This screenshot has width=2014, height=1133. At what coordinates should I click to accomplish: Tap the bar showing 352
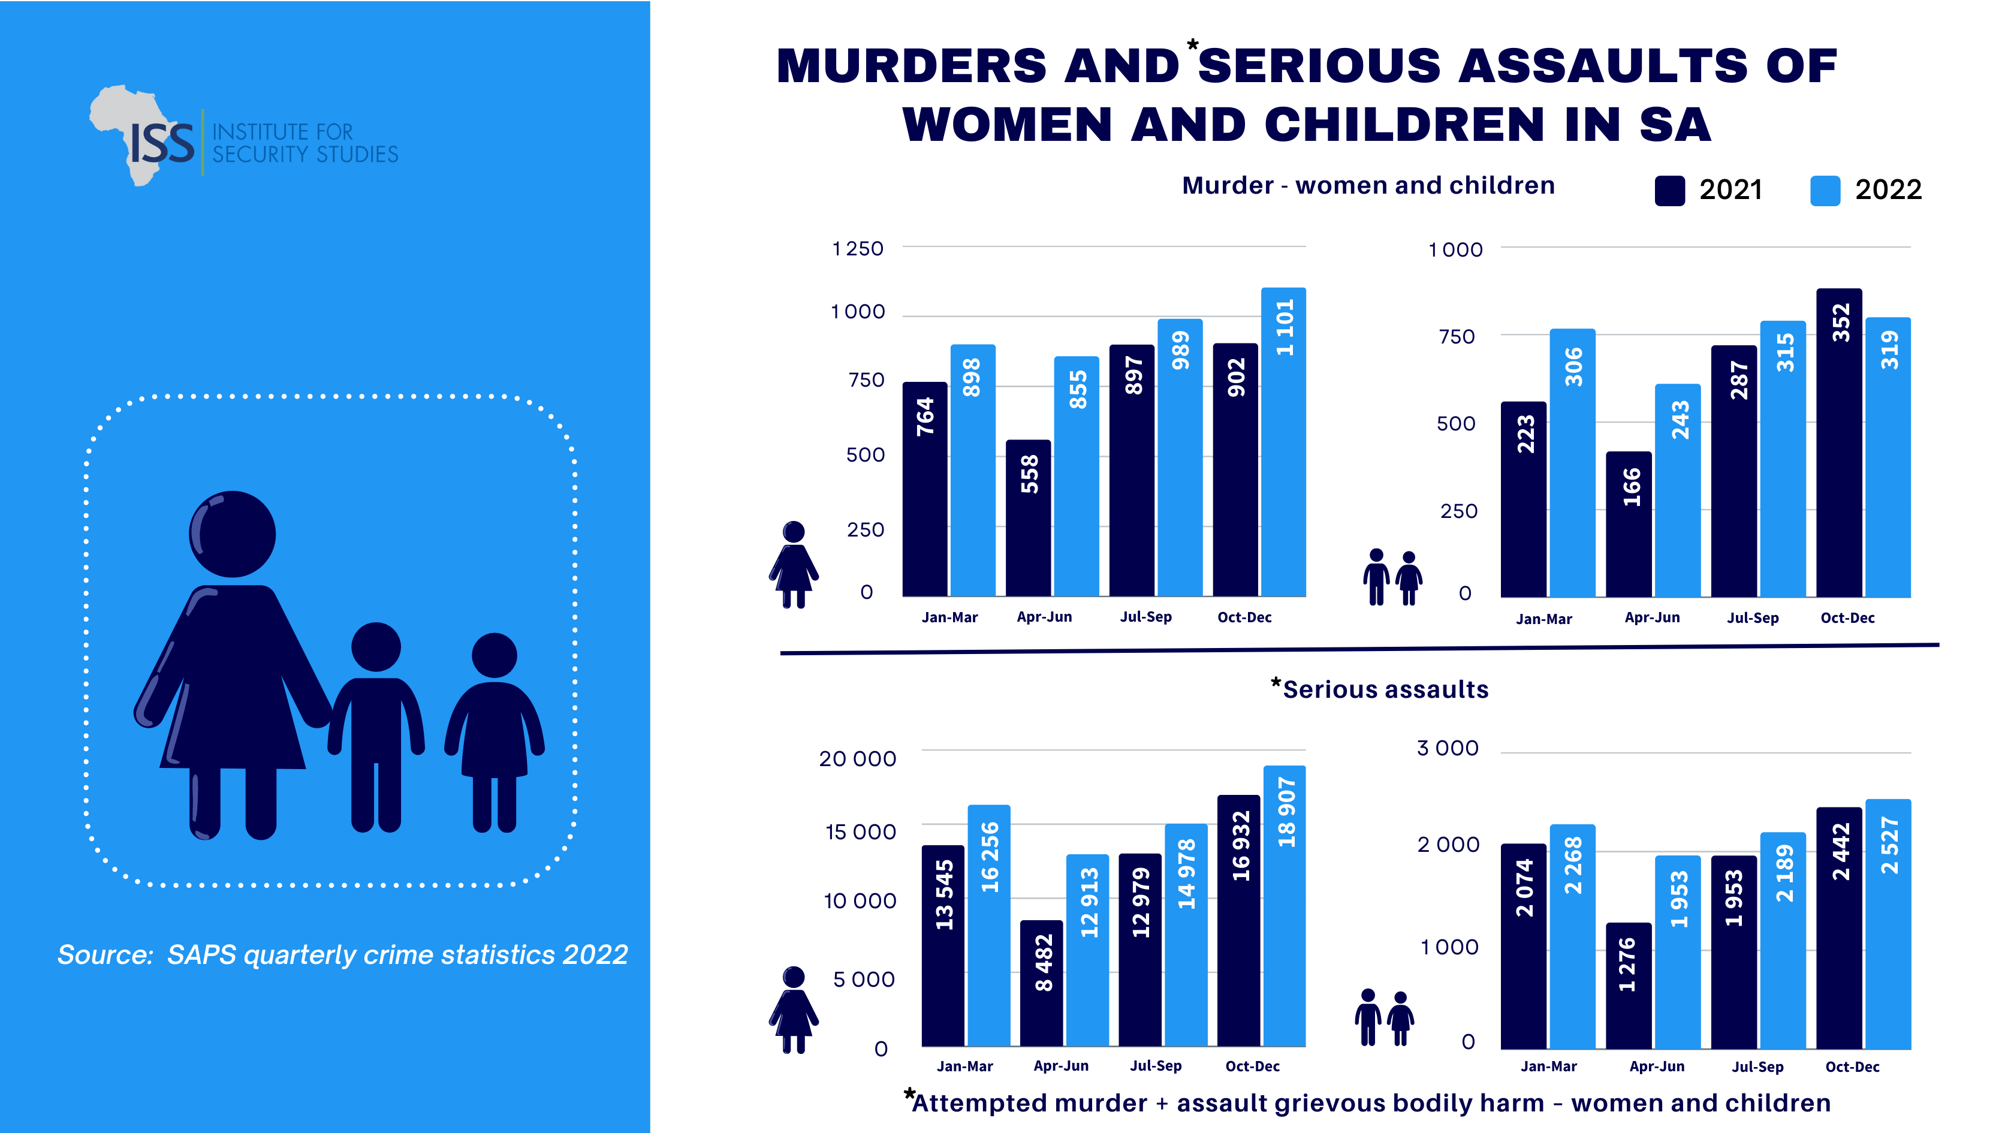tap(1839, 442)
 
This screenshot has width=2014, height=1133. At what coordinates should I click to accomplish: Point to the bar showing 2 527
tap(1888, 923)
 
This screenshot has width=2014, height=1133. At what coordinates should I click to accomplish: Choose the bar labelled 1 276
tap(1629, 985)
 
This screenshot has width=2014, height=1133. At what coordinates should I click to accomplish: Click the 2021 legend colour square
tap(1669, 191)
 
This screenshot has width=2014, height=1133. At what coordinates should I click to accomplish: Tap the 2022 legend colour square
tap(1825, 191)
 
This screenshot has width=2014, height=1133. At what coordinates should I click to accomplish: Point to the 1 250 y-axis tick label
tap(858, 249)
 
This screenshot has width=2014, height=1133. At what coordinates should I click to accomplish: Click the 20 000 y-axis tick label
tap(857, 758)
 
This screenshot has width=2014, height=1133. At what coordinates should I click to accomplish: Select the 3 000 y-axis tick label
tap(1447, 748)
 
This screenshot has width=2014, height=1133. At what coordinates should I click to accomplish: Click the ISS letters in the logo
tap(162, 144)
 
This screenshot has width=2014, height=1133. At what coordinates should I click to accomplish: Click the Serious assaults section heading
tap(1385, 689)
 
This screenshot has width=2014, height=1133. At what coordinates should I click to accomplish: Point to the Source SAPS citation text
tap(342, 955)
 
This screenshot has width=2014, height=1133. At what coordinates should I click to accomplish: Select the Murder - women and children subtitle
tap(1368, 185)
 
